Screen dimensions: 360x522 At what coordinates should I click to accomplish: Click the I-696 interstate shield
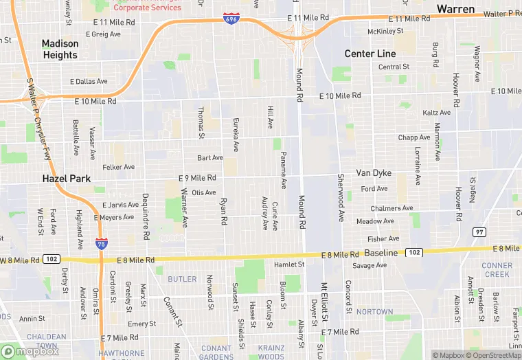[231, 19]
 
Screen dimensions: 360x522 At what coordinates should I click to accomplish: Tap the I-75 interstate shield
[101, 243]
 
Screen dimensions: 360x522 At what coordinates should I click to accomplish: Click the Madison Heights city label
[60, 49]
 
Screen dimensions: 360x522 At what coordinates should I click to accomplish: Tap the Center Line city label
[370, 54]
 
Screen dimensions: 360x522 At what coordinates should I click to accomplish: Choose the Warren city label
[456, 10]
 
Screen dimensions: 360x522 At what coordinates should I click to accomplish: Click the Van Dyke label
[373, 172]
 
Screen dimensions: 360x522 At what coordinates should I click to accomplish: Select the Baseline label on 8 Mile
[381, 254]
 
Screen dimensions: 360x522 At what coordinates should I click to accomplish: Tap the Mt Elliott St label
[324, 303]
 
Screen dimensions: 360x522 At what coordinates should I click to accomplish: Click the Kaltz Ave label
[437, 113]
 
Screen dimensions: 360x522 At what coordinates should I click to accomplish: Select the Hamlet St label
[289, 264]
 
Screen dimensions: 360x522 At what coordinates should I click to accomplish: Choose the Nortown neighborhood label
[374, 312]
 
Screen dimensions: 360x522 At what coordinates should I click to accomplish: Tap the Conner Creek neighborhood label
[497, 270]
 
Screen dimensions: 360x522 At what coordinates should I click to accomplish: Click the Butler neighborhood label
[182, 279]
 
